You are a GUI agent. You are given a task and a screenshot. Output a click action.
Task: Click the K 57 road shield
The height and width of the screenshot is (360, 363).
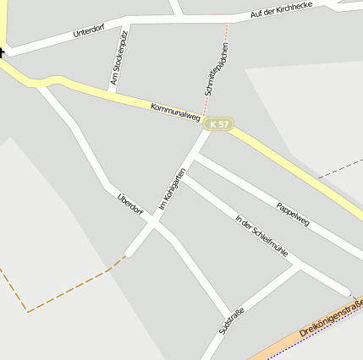[x=217, y=124]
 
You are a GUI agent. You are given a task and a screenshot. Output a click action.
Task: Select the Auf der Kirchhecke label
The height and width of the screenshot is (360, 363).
[x=282, y=11]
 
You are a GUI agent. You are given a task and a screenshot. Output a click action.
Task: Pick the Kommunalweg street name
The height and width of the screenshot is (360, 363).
[x=175, y=114]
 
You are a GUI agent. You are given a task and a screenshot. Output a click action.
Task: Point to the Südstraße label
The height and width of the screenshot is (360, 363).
[x=231, y=324]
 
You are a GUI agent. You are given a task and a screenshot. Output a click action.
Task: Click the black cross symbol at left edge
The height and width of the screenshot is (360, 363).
[x=2, y=53]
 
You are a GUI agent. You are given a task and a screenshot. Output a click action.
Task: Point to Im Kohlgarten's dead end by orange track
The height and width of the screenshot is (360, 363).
[x=129, y=254]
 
